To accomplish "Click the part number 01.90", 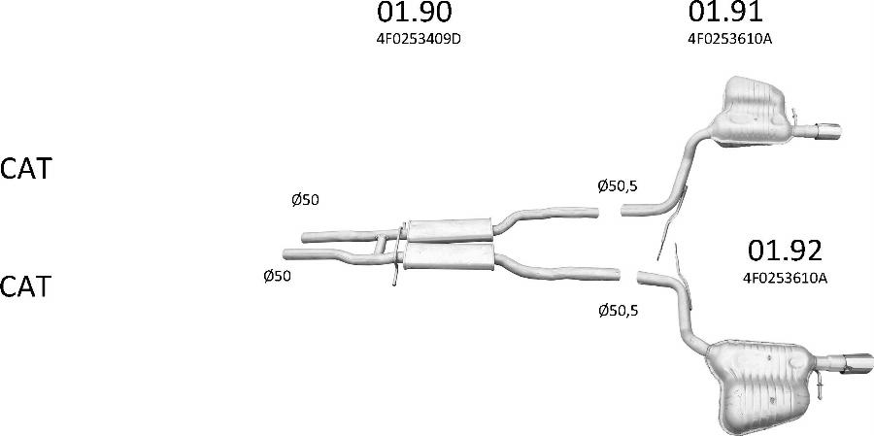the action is pos(414,13).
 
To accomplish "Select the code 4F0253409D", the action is pos(419,41).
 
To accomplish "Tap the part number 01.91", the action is pos(725,12).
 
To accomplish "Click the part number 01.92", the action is pos(785,252).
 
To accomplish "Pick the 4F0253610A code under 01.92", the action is pos(785,279).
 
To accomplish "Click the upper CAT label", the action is pos(25,168).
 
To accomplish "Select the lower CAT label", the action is pos(25,286).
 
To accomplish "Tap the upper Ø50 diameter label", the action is pos(305,200).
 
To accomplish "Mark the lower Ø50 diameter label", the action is pos(277,276).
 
